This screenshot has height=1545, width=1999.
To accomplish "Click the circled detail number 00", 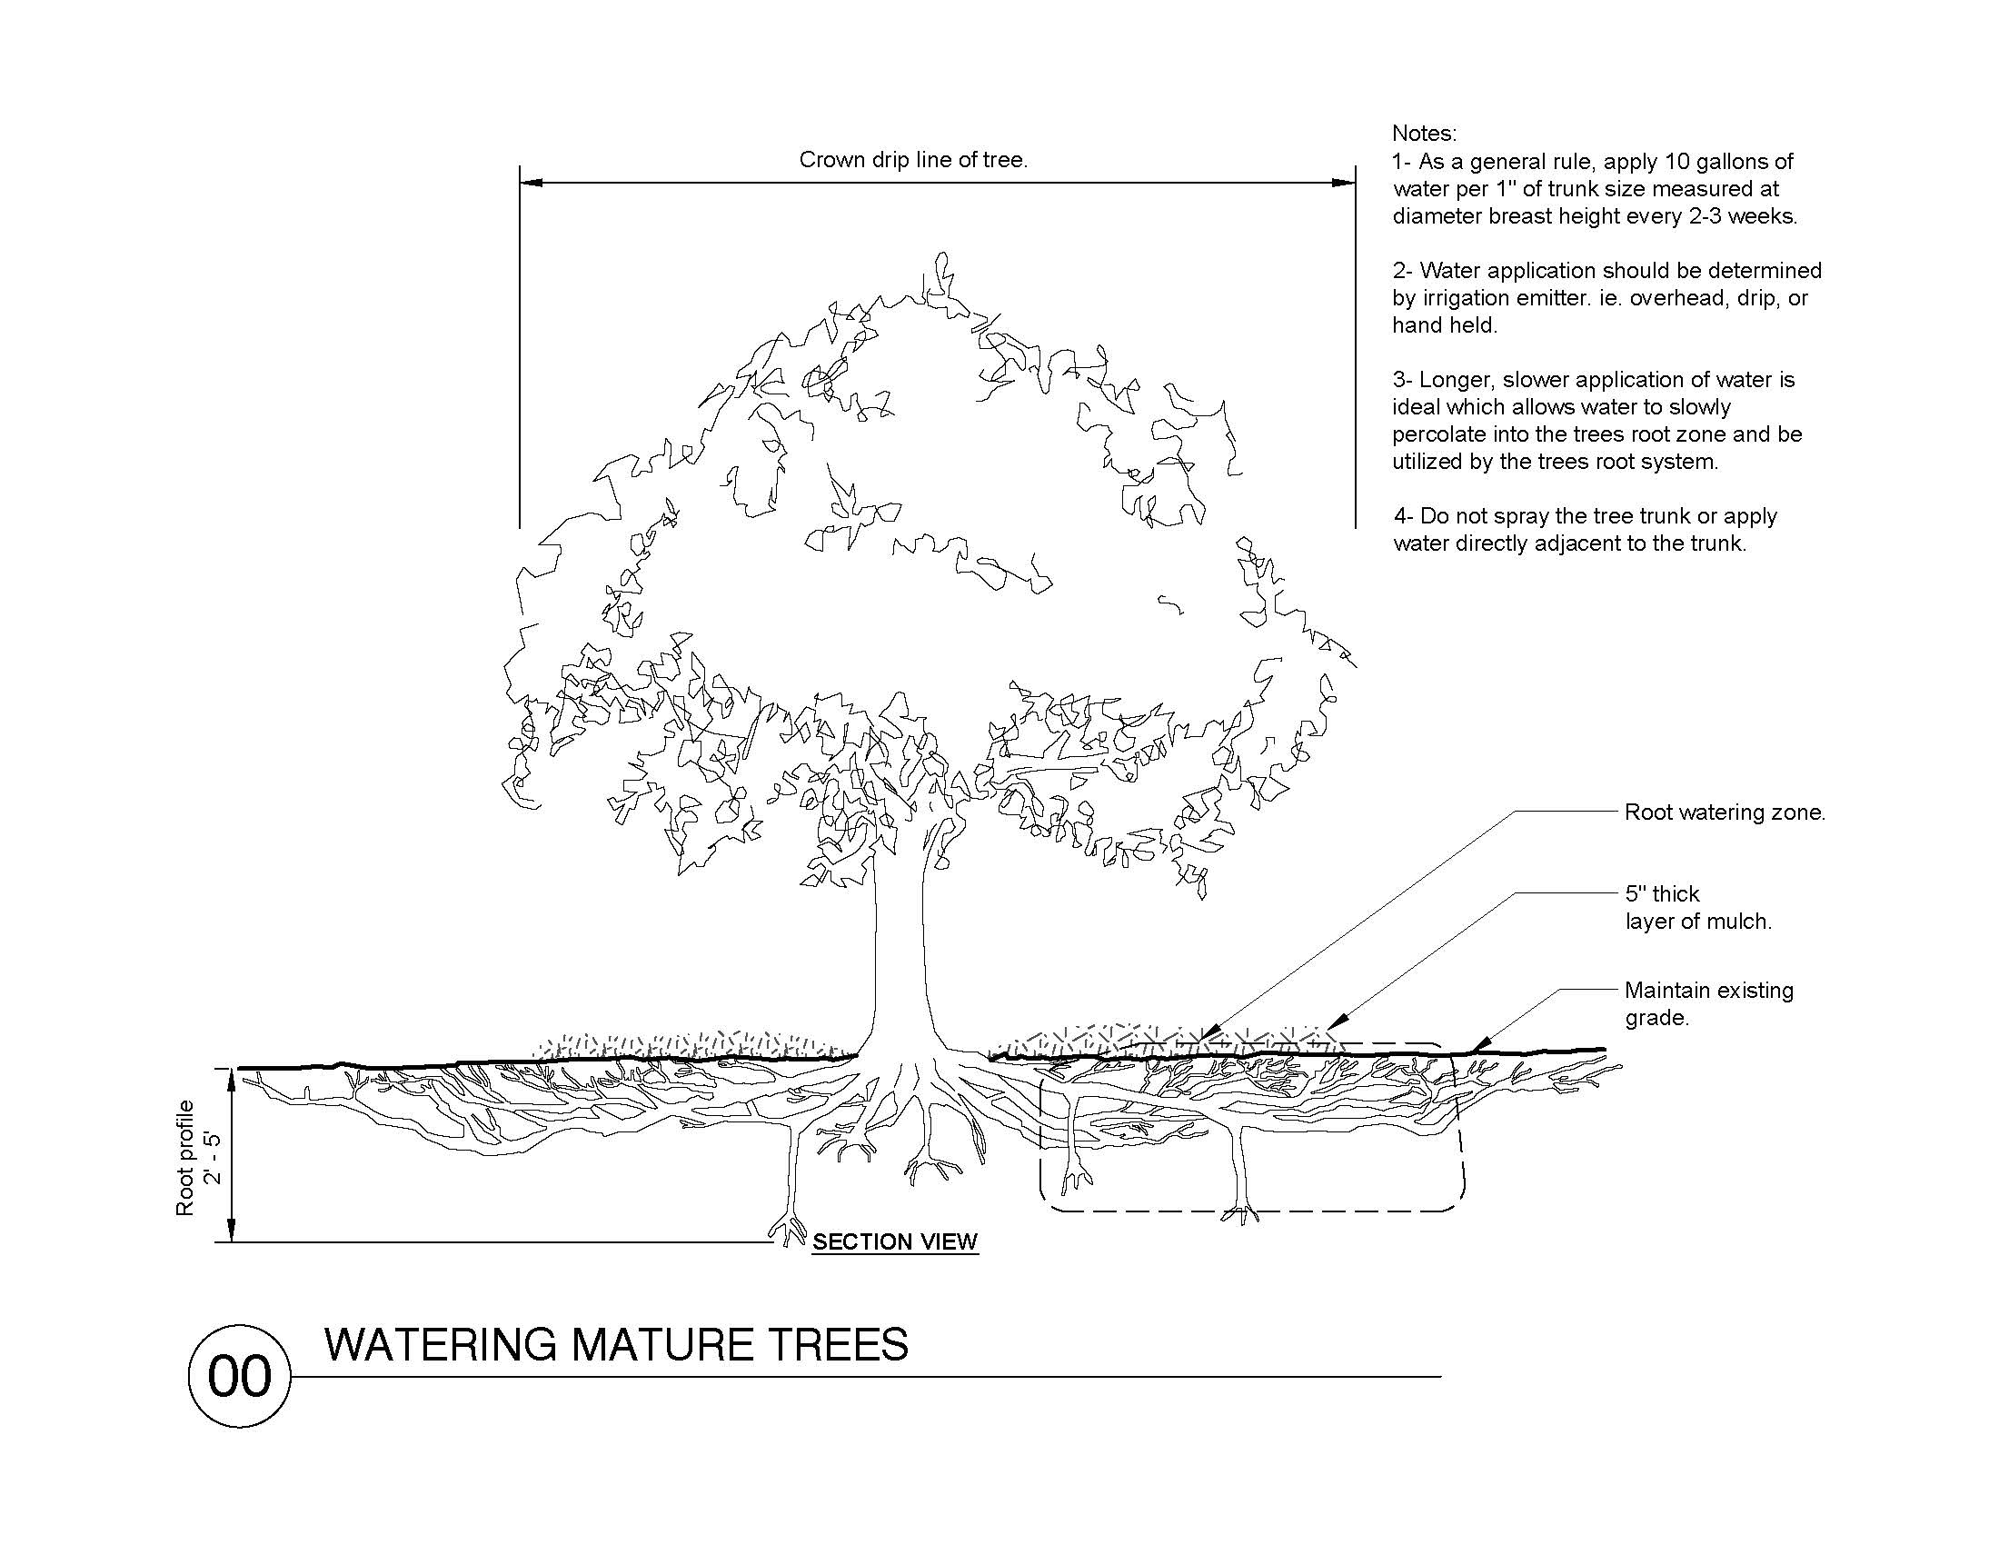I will pyautogui.click(x=239, y=1376).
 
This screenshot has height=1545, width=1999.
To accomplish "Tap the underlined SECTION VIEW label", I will pyautogui.click(x=894, y=1242).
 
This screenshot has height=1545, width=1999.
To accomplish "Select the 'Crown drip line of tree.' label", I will pyautogui.click(x=913, y=160).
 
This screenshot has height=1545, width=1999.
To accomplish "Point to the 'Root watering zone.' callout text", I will pyautogui.click(x=1725, y=812).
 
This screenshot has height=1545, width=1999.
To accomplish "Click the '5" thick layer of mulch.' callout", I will pyautogui.click(x=1698, y=908).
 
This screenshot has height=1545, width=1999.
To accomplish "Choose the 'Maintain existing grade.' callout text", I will pyautogui.click(x=1708, y=1004).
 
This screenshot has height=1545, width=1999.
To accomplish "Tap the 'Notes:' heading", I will pyautogui.click(x=1423, y=134).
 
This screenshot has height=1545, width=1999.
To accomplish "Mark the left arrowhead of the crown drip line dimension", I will pyautogui.click(x=531, y=182).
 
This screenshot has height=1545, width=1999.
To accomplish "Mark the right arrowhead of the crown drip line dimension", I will pyautogui.click(x=1345, y=182).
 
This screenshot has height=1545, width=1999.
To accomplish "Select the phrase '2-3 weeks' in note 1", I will pyautogui.click(x=1740, y=217).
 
